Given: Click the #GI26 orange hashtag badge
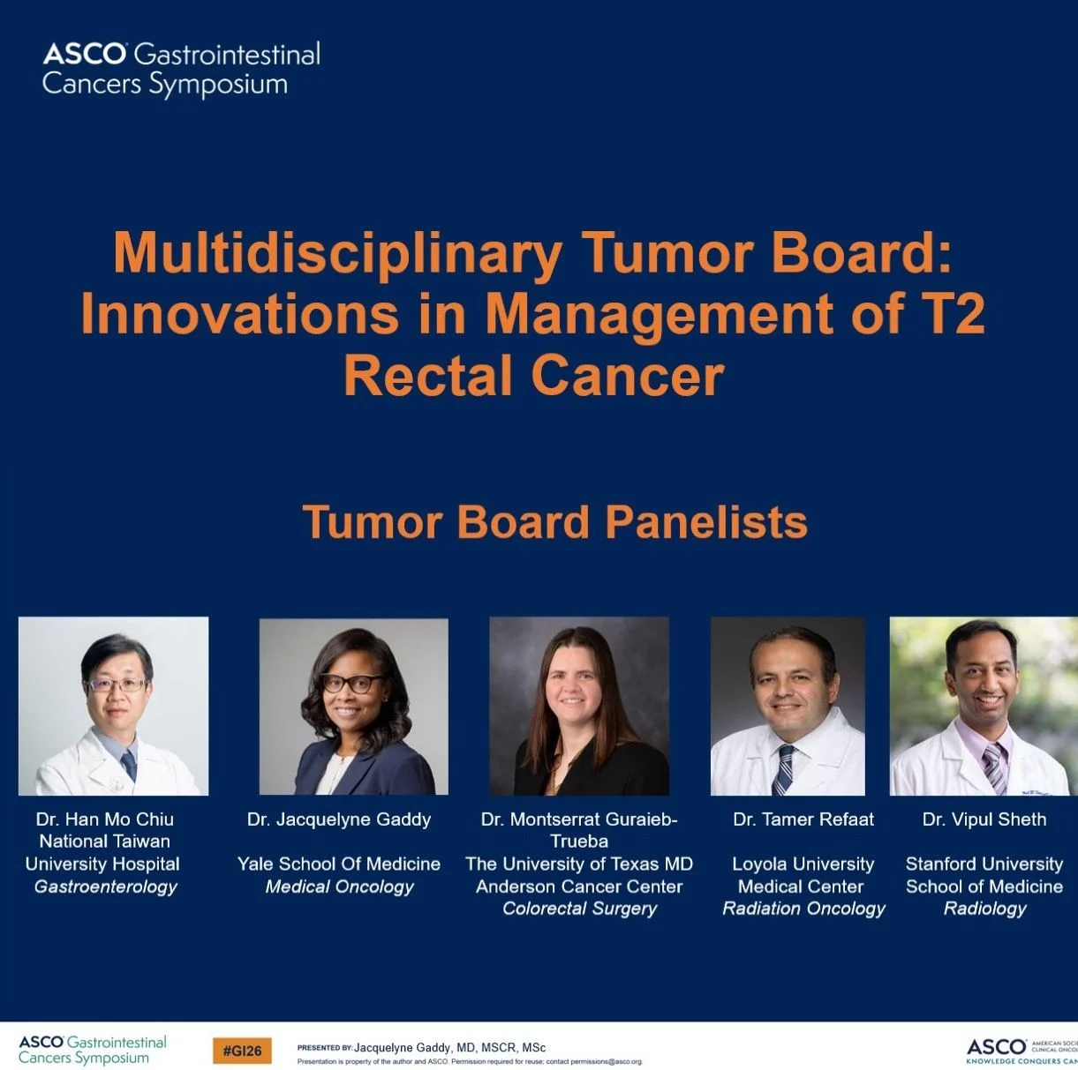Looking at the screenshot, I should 242,1051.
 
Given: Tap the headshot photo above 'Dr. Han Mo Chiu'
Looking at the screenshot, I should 113,706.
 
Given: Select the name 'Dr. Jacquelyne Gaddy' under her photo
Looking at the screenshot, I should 339,819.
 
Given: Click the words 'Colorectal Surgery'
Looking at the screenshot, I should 579,909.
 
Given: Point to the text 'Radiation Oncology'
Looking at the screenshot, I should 803,909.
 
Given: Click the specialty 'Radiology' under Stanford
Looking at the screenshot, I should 984,909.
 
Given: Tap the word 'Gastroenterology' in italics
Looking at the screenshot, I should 105,887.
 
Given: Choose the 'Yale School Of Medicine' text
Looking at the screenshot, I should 339,864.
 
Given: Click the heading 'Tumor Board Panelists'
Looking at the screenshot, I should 554,521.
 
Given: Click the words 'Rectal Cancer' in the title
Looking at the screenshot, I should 533,376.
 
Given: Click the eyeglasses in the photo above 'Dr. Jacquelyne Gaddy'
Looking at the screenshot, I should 352,683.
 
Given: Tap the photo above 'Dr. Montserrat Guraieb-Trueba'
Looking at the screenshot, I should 579,706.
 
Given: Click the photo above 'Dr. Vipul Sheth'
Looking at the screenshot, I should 984,706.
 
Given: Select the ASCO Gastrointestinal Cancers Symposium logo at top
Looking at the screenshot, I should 181,69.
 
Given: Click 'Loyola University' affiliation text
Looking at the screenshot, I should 803,864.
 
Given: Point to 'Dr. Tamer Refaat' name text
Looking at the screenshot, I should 803,819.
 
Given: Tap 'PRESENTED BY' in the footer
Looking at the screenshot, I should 324,1048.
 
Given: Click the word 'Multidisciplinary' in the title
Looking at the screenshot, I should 336,253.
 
